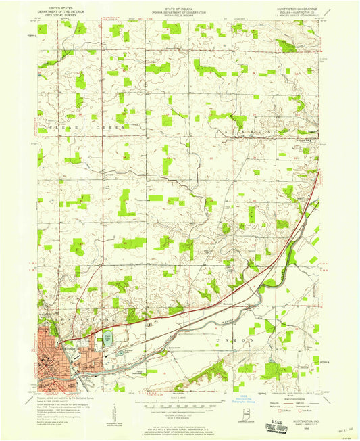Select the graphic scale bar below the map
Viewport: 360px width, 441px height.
coord(176,407)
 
